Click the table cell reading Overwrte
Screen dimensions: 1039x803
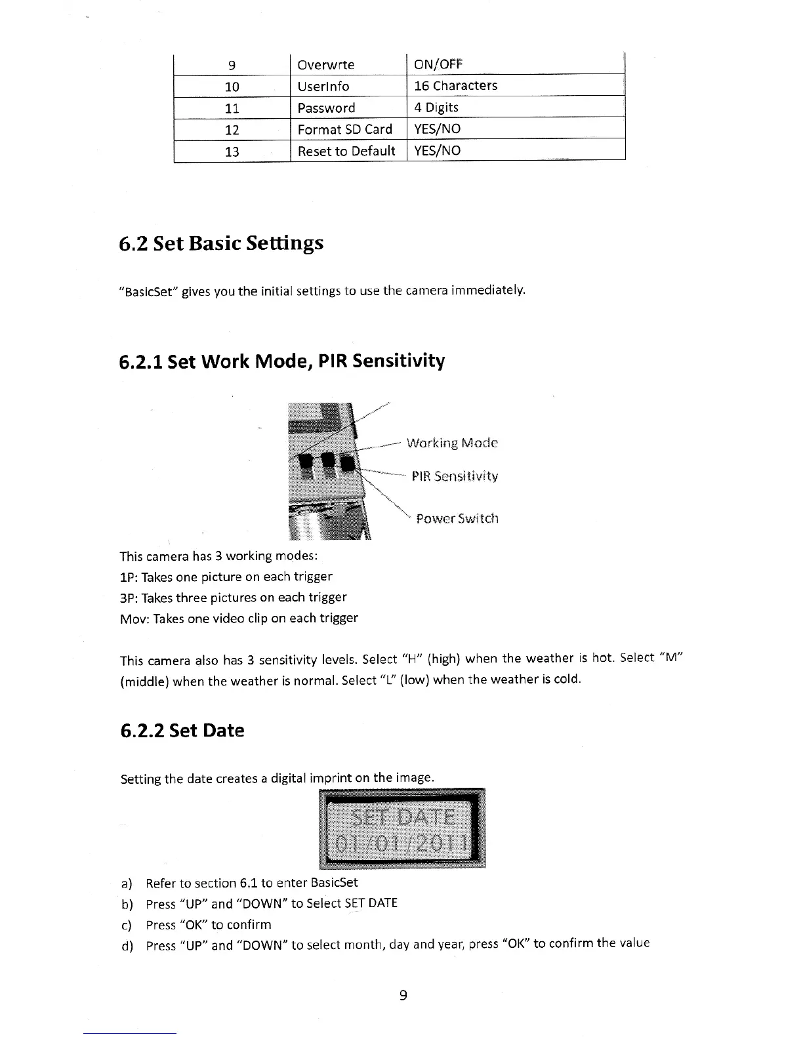point(325,64)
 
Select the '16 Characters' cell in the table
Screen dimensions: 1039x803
point(455,85)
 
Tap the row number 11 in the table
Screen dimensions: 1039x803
point(232,108)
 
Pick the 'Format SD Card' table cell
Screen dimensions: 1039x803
point(344,129)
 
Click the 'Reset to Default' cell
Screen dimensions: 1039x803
point(346,151)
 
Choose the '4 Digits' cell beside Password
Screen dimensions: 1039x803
point(436,107)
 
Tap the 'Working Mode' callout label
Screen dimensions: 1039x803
point(452,443)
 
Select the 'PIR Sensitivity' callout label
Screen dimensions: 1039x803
point(455,476)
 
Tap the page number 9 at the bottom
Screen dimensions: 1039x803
point(403,996)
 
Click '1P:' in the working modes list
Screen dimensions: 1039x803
point(129,577)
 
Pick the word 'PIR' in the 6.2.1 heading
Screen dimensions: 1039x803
point(334,361)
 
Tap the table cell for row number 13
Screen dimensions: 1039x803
point(232,152)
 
